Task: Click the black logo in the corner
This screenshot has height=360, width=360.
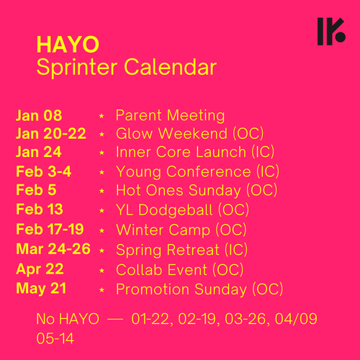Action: (x=331, y=32)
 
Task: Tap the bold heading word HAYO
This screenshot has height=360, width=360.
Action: (x=68, y=45)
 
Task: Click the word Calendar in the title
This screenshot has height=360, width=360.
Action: (x=171, y=67)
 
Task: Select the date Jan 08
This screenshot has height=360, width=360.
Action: (x=39, y=115)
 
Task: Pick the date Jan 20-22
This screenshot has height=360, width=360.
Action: (x=51, y=134)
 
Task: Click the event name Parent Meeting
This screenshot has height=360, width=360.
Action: (x=170, y=116)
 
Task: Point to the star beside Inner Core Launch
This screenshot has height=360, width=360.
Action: (x=102, y=153)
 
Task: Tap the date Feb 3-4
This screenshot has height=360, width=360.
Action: (x=44, y=171)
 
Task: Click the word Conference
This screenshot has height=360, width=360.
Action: (x=209, y=171)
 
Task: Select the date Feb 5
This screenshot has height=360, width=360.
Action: (x=36, y=190)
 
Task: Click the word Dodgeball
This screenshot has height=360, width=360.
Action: (x=176, y=210)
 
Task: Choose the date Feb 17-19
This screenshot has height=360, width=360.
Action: (x=50, y=229)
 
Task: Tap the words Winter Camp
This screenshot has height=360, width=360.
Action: (x=163, y=230)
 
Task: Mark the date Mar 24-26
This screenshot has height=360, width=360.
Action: (x=53, y=249)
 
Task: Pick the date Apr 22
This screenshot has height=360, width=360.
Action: (x=40, y=269)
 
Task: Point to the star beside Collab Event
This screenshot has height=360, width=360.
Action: (x=102, y=271)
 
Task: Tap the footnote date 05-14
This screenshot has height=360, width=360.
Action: (x=55, y=338)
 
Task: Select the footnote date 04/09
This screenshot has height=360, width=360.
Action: (x=296, y=319)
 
